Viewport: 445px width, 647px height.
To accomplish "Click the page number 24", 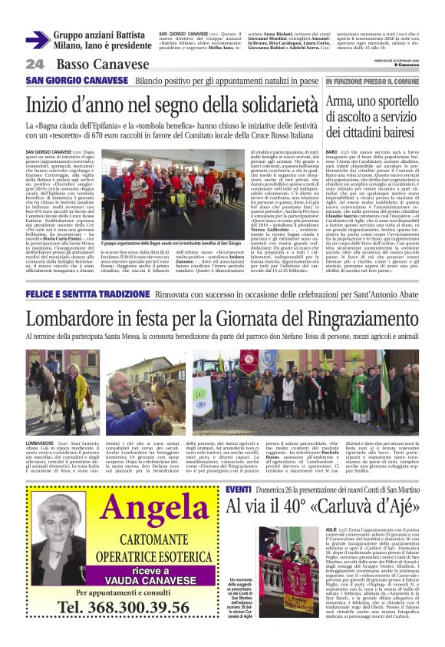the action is [x=35, y=64].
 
